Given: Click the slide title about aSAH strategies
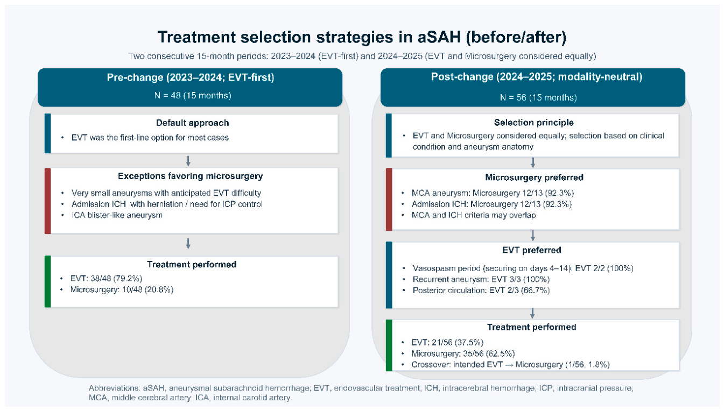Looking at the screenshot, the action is tap(362, 37).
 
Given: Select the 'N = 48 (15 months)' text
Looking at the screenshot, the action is tap(193, 96).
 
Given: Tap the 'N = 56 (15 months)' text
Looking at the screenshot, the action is tap(538, 97).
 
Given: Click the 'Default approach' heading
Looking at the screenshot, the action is tap(192, 123).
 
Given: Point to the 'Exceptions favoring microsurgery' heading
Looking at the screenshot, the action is tap(190, 176).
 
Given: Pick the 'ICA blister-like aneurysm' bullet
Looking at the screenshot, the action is tap(117, 215).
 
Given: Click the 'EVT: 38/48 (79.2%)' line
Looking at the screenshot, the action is tap(107, 279).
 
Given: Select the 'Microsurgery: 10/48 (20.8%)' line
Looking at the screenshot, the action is tap(122, 289).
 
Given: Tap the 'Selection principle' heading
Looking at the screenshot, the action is tap(533, 123).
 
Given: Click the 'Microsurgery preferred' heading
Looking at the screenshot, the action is tap(534, 178).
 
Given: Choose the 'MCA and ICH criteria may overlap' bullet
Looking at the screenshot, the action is tap(474, 215).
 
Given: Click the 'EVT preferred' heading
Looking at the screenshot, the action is tap(532, 250).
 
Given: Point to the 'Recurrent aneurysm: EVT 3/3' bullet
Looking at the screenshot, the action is tap(481, 279).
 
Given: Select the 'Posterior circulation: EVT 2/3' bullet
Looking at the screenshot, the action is tap(481, 290).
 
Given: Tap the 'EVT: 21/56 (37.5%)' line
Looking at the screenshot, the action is tap(447, 343).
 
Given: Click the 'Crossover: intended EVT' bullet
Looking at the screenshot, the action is tap(510, 365).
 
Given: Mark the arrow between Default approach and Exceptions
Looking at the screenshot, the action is tap(188, 161).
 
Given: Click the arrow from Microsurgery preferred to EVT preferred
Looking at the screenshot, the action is tap(533, 236).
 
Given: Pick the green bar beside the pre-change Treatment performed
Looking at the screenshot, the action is tap(47, 281).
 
